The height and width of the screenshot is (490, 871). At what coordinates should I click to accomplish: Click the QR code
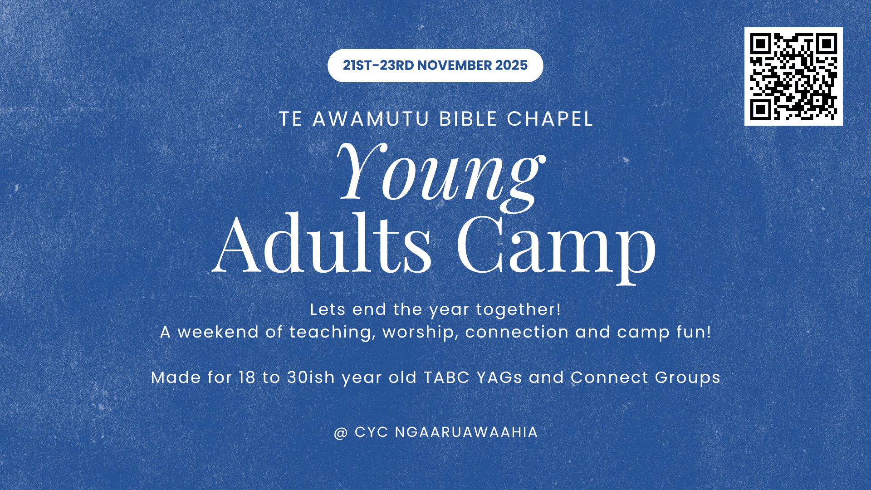[793, 76]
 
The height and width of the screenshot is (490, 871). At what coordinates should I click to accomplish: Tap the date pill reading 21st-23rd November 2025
[435, 65]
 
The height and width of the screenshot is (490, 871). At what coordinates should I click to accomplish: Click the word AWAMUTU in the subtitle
[371, 119]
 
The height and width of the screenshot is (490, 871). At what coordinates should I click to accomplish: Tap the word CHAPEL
[550, 119]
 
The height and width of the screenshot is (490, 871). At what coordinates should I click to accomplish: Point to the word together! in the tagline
[519, 310]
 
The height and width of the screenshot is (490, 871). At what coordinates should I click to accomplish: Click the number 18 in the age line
[247, 377]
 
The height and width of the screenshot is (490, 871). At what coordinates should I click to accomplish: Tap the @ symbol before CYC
[341, 433]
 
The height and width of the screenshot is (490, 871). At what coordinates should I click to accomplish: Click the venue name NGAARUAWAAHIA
[466, 432]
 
